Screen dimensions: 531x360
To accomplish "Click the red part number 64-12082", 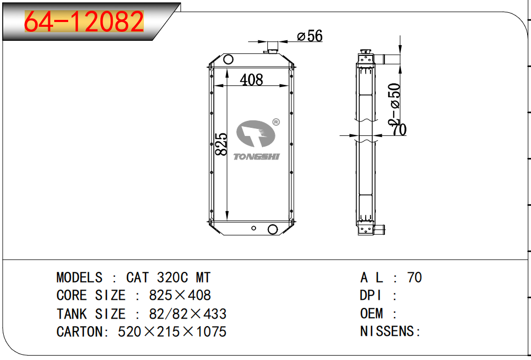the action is pyautogui.click(x=84, y=21).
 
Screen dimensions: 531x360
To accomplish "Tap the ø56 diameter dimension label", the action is pyautogui.click(x=309, y=36).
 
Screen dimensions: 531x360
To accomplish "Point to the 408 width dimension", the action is pyautogui.click(x=251, y=80).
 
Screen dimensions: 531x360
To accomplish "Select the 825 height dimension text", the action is pyautogui.click(x=222, y=145).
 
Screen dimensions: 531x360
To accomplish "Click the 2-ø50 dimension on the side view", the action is pyautogui.click(x=395, y=104).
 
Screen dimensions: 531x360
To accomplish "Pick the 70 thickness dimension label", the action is pyautogui.click(x=399, y=129).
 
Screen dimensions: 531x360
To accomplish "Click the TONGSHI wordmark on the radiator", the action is pyautogui.click(x=257, y=156).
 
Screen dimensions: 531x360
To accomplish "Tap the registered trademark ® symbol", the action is pyautogui.click(x=276, y=122).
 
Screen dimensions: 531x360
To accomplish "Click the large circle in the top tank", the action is pyautogui.click(x=228, y=60).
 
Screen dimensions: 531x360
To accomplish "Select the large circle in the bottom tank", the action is pyautogui.click(x=273, y=229).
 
